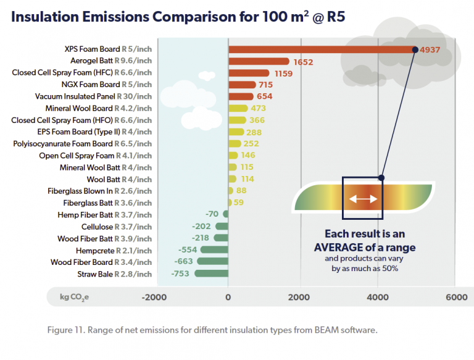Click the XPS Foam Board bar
[321, 49]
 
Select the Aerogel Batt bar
[259, 61]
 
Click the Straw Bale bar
[212, 274]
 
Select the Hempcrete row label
[114, 250]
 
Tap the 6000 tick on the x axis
[457, 297]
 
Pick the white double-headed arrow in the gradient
[363, 199]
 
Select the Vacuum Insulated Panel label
[93, 96]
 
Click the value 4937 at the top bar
[430, 49]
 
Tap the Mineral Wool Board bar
[238, 108]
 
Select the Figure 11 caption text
[212, 330]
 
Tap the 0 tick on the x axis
[228, 297]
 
